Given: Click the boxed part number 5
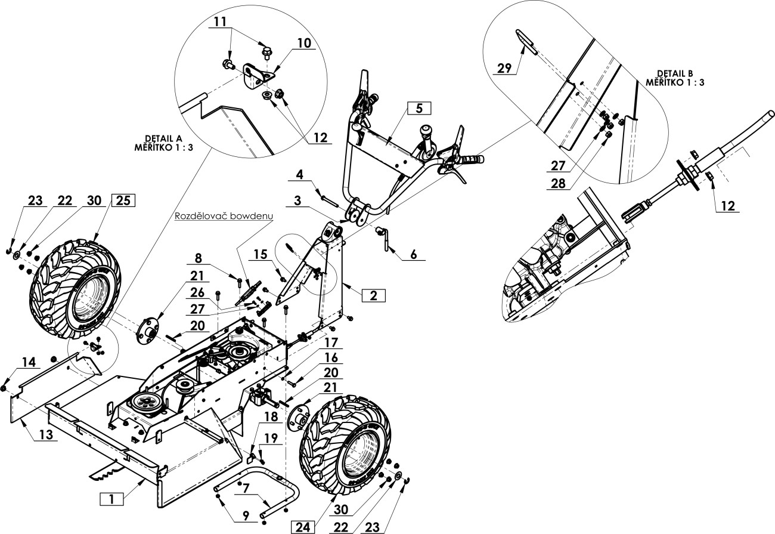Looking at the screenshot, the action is coord(419,109).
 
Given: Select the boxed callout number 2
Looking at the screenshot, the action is coord(373,296).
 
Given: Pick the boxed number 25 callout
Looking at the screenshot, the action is coord(123,200).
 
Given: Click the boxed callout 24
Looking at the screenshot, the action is coord(303,527).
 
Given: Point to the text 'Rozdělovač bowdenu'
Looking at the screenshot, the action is coord(224,216).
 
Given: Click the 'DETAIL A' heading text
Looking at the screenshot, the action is coord(163,138).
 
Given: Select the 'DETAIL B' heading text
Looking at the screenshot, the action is coord(675,73).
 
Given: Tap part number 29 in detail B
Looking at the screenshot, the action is coord(504,68).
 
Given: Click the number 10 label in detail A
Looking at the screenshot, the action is coord(304,44).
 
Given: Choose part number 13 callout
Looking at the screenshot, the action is coord(46,434).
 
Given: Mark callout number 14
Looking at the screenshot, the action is coord(29,363).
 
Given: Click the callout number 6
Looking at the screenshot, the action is coord(414,255).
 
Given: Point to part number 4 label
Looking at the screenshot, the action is coord(300,175).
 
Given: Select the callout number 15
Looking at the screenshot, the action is coord(261,255).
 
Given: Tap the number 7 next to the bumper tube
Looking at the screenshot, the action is coord(246,488).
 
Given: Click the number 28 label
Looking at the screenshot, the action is coord(558,184).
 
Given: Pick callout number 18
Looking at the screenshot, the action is coord(271,417).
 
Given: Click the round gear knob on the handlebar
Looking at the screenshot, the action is coord(426,132).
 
